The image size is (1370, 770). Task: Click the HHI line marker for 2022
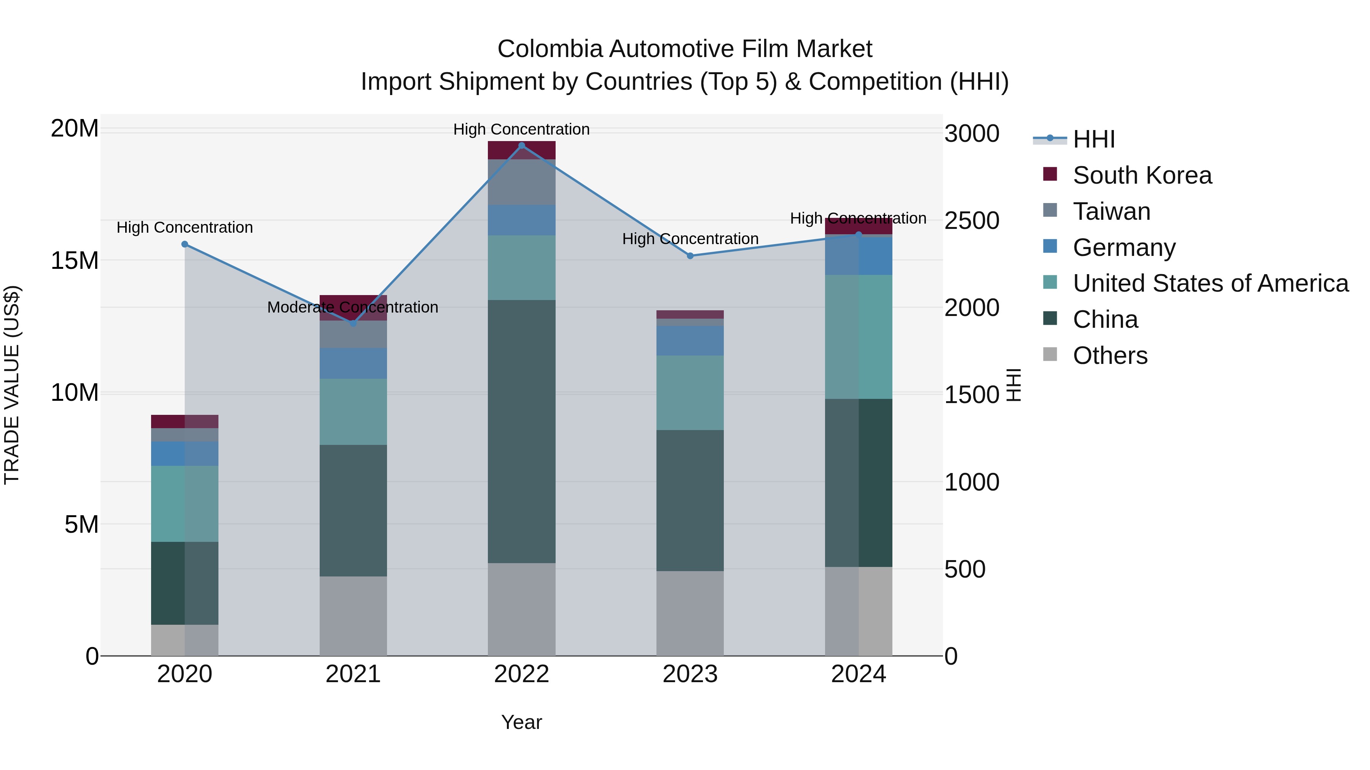click(x=521, y=146)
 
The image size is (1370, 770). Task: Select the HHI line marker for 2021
click(x=353, y=323)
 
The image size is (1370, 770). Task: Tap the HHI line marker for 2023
click(x=690, y=256)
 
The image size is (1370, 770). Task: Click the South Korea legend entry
click(x=1142, y=175)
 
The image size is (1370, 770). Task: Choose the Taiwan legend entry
click(x=1112, y=211)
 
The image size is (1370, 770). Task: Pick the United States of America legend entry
click(x=1210, y=283)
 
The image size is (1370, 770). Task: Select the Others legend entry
click(x=1110, y=356)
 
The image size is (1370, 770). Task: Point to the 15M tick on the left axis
click(x=75, y=260)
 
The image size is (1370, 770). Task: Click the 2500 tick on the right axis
click(x=972, y=221)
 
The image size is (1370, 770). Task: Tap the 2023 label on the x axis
click(x=690, y=674)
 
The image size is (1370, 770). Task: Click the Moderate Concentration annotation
click(x=353, y=307)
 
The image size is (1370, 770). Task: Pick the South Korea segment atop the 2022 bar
click(x=521, y=150)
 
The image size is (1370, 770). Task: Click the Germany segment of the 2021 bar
click(x=353, y=363)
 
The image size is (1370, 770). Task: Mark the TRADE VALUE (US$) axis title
click(x=12, y=385)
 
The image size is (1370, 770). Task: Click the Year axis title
click(x=521, y=722)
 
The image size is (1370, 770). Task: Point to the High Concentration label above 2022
click(x=521, y=129)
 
